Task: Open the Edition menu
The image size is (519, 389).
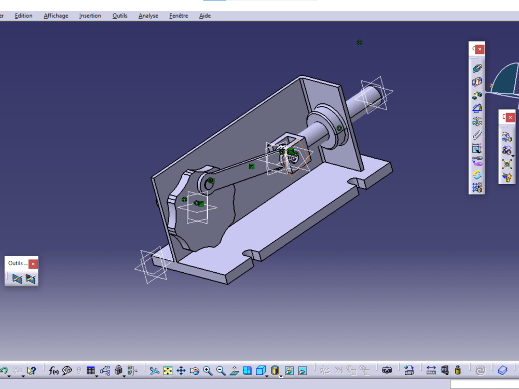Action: (x=23, y=16)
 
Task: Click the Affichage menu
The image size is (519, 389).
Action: (x=56, y=16)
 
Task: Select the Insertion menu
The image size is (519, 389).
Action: (x=90, y=16)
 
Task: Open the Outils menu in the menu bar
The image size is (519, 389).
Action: (x=119, y=16)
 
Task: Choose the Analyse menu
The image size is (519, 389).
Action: (x=148, y=16)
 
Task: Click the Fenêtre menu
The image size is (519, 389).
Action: (x=179, y=16)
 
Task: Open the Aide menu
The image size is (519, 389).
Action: (x=205, y=16)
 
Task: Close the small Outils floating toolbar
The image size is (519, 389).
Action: (x=33, y=263)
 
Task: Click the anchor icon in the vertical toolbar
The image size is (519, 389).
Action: (x=477, y=121)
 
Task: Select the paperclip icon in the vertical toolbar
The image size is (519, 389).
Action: (x=477, y=135)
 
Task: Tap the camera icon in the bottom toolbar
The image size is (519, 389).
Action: (x=387, y=370)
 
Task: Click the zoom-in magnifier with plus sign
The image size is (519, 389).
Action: (x=208, y=370)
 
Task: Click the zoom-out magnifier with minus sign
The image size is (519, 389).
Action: (x=221, y=370)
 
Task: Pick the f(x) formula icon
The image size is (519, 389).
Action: (x=53, y=370)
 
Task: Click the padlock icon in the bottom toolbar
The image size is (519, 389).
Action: (x=118, y=370)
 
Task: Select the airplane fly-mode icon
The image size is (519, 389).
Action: (x=154, y=370)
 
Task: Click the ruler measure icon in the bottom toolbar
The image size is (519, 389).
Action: (x=431, y=370)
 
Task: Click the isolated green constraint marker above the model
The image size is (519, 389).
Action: (x=360, y=43)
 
